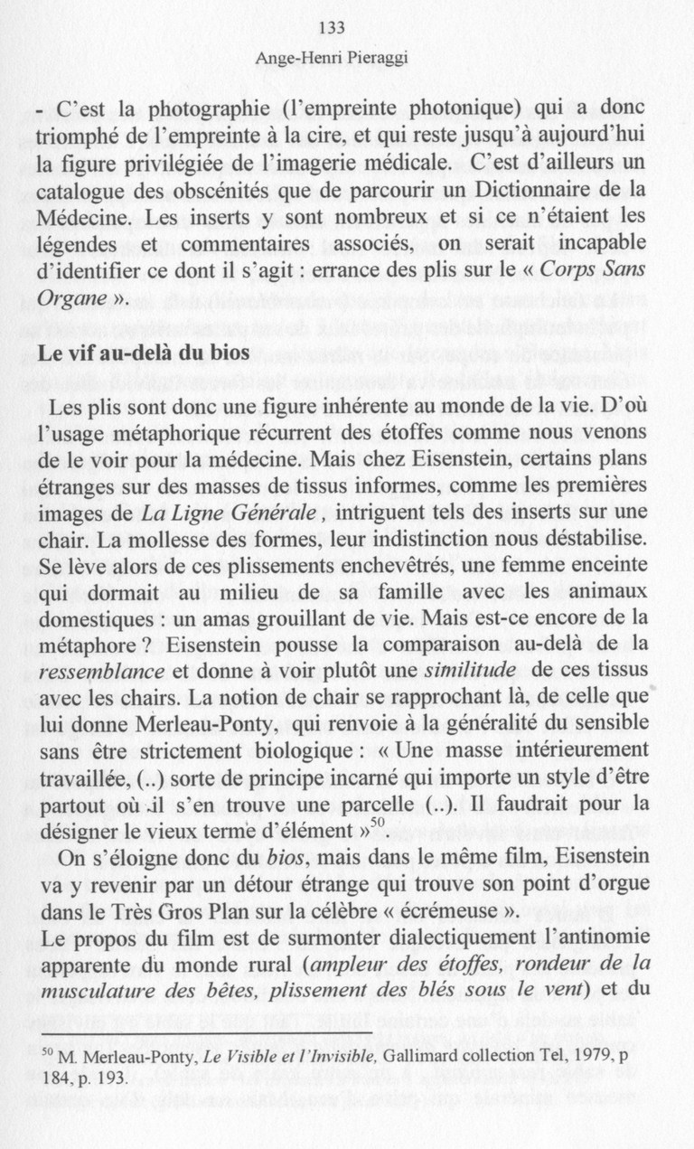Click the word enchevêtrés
[x=373, y=566]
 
